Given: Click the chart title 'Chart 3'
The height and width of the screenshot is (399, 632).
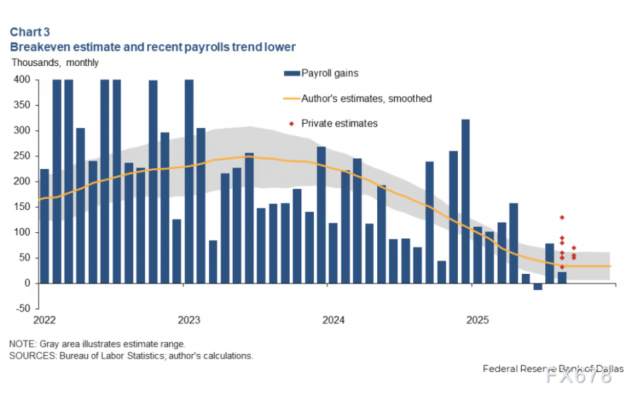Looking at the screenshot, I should click(30, 32).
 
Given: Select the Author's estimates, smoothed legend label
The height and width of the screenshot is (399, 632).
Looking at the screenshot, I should click(366, 98).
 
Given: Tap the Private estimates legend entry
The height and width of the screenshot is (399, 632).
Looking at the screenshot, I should click(339, 123).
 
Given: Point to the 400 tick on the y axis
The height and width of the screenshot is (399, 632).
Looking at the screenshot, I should click(22, 79).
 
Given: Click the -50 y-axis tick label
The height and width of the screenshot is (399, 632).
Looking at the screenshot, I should click(22, 309).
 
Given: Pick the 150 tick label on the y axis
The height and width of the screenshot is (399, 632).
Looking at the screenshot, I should click(22, 207).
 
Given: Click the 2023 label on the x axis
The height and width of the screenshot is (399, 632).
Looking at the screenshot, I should click(189, 320).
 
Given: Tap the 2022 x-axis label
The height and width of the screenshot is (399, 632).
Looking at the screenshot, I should click(44, 320).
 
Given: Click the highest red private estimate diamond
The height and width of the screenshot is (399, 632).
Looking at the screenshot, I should click(562, 217).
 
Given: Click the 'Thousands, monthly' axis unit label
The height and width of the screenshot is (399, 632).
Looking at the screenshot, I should click(54, 63).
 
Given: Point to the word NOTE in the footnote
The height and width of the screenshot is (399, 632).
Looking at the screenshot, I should click(21, 344).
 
